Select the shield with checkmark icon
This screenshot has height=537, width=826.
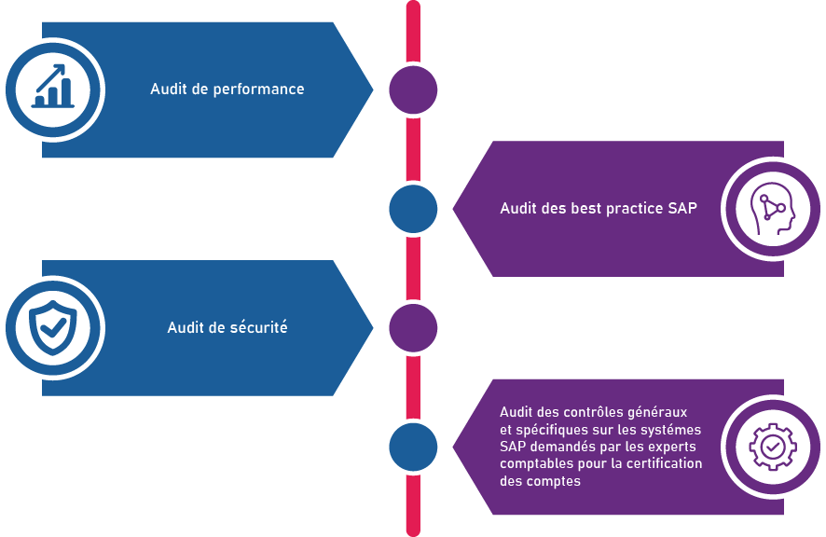(54, 327)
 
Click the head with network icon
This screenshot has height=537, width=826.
(772, 209)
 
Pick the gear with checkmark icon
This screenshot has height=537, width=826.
(772, 447)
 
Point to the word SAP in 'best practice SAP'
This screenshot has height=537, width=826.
(682, 208)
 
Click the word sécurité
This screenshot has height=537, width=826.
(257, 327)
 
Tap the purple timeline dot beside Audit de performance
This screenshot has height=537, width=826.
(413, 89)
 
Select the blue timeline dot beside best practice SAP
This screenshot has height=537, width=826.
(413, 209)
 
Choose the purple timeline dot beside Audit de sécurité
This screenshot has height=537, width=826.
(413, 327)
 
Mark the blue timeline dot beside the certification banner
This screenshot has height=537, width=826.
(413, 447)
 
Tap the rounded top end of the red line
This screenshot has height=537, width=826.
(413, 7)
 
